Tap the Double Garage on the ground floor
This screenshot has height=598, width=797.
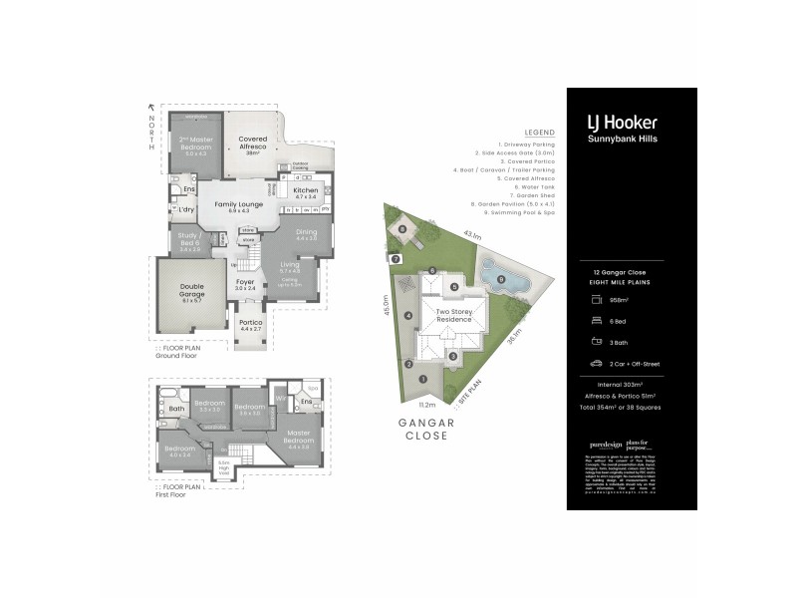191,291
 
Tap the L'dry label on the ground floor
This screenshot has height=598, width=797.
185,209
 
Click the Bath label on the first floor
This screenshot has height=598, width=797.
176,409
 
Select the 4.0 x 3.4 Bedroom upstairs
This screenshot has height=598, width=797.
179,450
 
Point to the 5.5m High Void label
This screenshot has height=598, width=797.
224,465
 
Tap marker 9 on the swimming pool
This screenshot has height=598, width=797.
501,278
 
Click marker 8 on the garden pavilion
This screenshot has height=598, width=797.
402,229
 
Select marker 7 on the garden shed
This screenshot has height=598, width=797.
396,259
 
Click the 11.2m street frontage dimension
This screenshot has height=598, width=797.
427,406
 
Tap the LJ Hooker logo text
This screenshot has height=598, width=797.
621,122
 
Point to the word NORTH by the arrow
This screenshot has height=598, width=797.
152,132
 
